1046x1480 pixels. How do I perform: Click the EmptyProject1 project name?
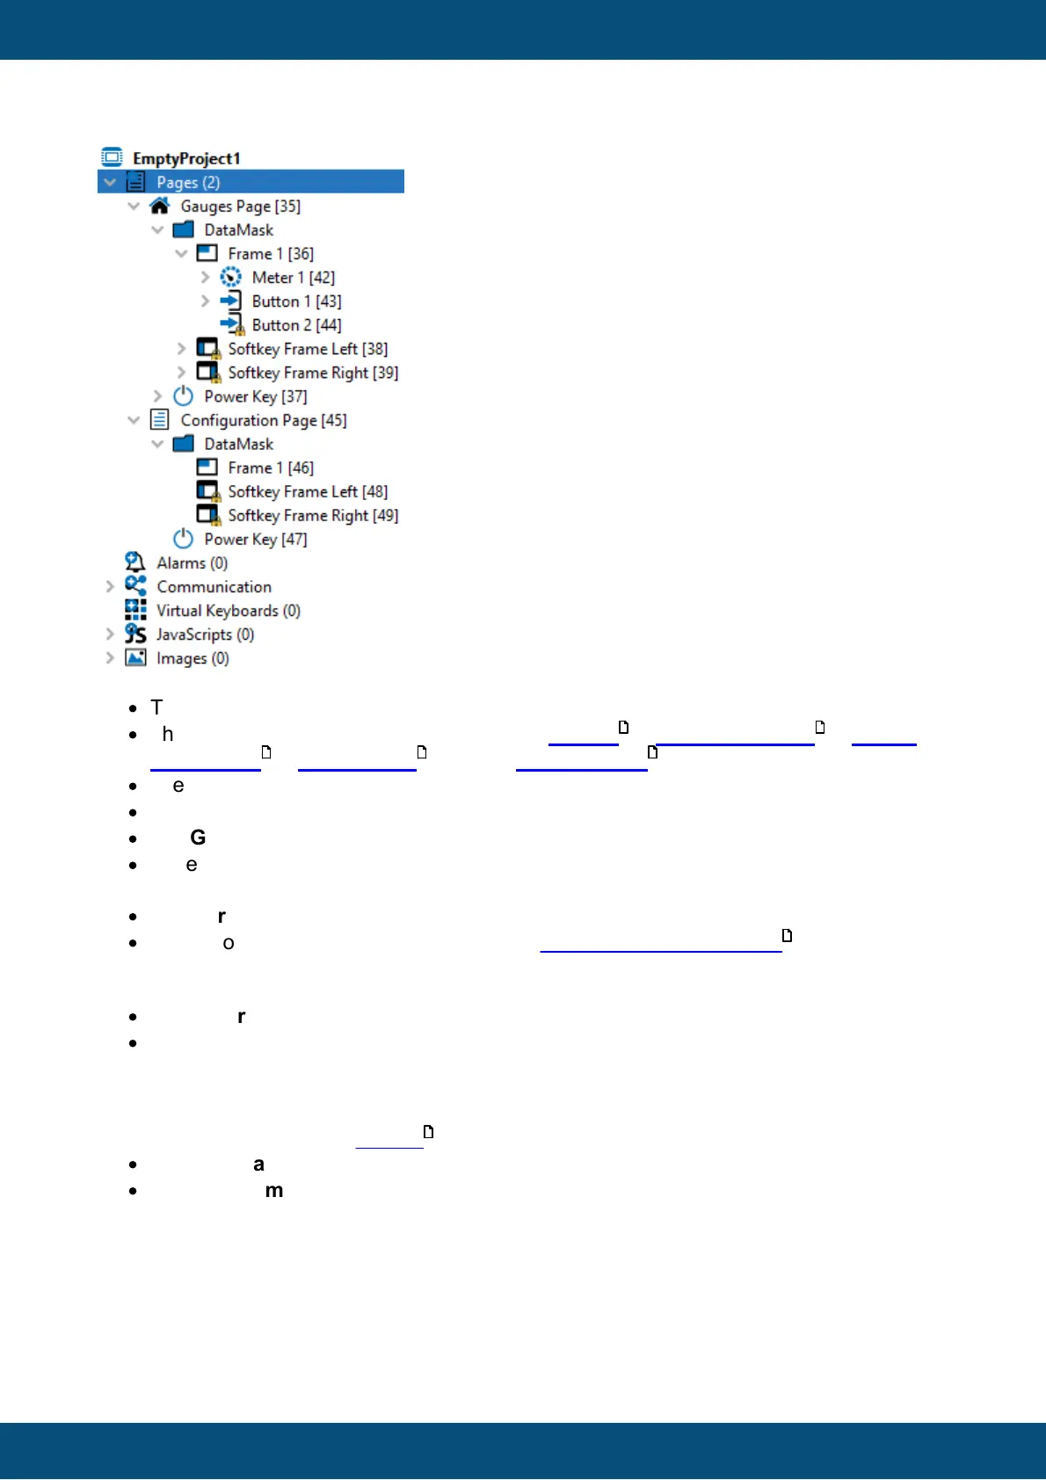click(185, 158)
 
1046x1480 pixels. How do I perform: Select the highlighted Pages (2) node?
click(187, 182)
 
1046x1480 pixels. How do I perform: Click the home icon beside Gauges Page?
click(159, 206)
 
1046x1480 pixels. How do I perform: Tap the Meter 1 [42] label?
click(293, 278)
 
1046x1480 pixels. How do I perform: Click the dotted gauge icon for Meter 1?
click(230, 278)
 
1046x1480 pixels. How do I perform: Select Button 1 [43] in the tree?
click(296, 301)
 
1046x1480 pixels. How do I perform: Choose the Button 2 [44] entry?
click(296, 325)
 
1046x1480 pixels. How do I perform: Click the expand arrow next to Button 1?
click(205, 301)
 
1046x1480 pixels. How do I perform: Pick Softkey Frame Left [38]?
click(308, 349)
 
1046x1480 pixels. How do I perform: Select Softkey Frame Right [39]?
click(313, 373)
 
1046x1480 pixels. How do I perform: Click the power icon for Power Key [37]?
click(183, 396)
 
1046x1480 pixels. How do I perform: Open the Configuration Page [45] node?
click(263, 420)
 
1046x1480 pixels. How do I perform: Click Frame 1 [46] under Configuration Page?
click(270, 468)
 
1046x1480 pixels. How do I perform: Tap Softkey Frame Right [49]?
click(313, 515)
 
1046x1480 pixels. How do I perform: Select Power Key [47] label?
click(255, 539)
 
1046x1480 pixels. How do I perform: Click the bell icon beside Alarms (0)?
click(134, 562)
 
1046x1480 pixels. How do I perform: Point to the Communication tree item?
click(214, 586)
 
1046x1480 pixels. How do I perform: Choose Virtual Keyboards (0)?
click(228, 611)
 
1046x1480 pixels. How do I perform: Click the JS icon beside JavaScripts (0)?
click(135, 634)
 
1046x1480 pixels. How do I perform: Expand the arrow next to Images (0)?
click(110, 657)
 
